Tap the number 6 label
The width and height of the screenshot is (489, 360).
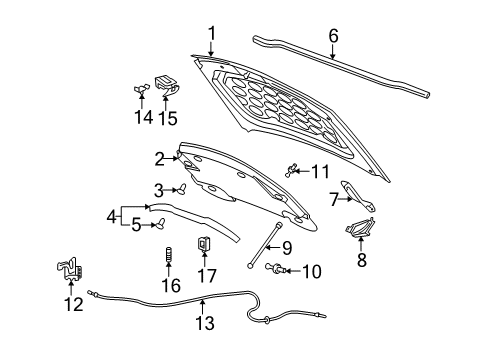[x=333, y=36]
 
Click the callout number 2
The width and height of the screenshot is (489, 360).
[x=159, y=157]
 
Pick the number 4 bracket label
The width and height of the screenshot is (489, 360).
[x=112, y=213]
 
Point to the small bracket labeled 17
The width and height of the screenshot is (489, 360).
[x=205, y=243]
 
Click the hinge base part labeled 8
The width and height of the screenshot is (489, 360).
[x=359, y=232]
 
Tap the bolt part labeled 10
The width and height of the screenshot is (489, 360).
[x=275, y=268]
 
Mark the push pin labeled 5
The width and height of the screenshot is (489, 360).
[x=158, y=225]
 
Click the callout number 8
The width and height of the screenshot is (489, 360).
[x=362, y=262]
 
